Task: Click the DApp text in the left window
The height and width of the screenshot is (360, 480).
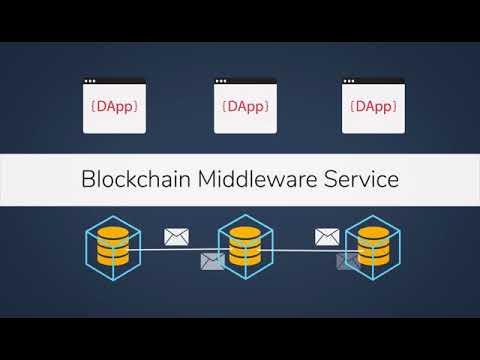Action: tap(114, 107)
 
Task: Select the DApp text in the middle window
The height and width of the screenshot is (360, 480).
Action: tap(245, 107)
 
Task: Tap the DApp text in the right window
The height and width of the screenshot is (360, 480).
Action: tap(373, 107)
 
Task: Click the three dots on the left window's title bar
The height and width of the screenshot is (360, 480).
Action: tap(90, 81)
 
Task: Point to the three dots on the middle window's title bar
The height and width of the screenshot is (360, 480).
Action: tap(221, 81)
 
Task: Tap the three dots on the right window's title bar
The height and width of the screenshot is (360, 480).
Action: tap(349, 81)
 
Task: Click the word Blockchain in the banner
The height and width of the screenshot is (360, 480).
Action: tap(136, 179)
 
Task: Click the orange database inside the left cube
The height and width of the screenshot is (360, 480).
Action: tap(113, 246)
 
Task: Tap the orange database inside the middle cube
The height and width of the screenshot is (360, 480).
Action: tap(245, 246)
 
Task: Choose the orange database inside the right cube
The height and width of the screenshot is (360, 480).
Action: tap(373, 246)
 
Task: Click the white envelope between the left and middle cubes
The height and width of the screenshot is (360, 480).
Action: tap(176, 237)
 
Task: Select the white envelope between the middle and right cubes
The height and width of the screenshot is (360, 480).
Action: tap(327, 237)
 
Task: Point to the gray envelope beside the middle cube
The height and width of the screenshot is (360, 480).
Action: tap(212, 262)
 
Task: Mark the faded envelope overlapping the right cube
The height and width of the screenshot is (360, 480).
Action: tap(348, 262)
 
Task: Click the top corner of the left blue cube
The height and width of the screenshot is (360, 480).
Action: tap(113, 216)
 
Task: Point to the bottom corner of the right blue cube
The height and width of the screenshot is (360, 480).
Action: tap(373, 280)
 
